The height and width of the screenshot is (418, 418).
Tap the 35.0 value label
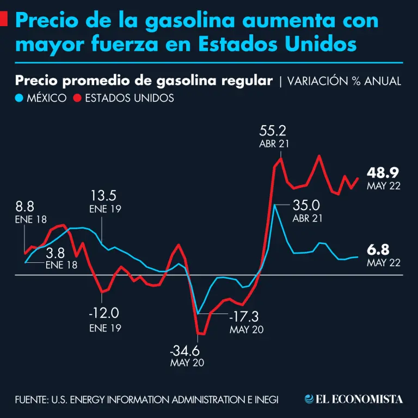[x=306, y=206]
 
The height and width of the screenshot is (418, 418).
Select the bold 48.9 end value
[x=383, y=173]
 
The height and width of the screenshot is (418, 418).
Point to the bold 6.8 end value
[x=379, y=250]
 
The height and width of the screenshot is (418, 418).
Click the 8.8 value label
[x=25, y=207]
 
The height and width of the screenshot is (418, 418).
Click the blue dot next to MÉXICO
[x=20, y=98]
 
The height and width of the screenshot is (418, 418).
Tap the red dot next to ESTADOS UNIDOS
[x=77, y=98]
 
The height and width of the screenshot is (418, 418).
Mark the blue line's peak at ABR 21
[x=276, y=205]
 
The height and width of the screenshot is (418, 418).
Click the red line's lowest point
[x=201, y=334]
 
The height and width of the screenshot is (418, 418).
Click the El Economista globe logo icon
[x=310, y=399]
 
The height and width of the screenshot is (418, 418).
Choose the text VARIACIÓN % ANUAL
[x=344, y=81]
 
